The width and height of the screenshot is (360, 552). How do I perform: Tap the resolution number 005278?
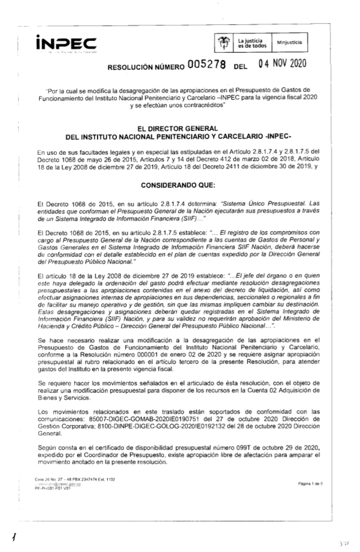[x=206, y=65]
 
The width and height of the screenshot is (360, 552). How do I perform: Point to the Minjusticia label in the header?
[x=289, y=42]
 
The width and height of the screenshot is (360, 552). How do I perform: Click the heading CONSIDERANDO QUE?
[x=178, y=185]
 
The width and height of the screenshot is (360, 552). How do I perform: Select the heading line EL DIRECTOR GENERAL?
[x=178, y=128]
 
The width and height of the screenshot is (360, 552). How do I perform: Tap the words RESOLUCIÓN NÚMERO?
[x=146, y=67]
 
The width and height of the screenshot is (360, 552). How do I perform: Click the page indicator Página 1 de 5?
[x=310, y=484]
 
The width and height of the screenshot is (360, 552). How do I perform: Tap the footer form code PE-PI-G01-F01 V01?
[x=53, y=488]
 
